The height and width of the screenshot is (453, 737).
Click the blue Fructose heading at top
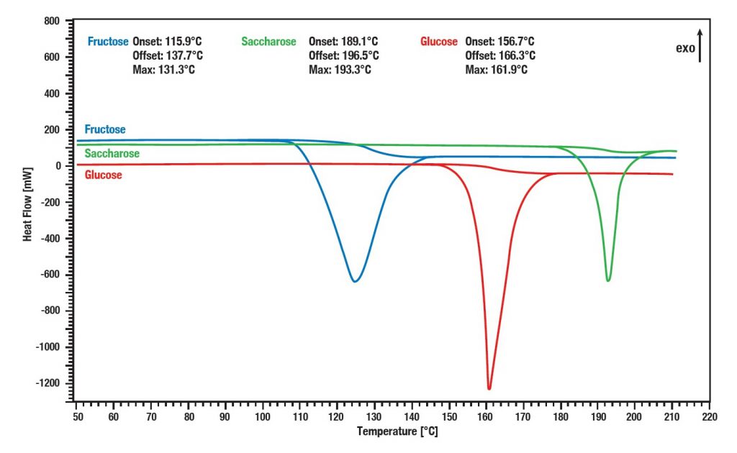(x=108, y=42)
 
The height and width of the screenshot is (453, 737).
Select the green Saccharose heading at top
(x=268, y=42)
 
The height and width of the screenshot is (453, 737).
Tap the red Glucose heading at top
(x=438, y=42)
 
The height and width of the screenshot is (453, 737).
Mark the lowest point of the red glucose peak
(x=489, y=388)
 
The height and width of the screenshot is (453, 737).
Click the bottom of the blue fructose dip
(x=355, y=280)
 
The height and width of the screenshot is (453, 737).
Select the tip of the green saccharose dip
(x=608, y=280)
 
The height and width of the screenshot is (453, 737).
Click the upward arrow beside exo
(x=699, y=45)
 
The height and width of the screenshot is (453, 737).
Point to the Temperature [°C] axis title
(x=397, y=431)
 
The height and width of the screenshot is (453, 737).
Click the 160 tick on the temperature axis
(x=486, y=416)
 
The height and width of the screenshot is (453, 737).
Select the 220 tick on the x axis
(x=709, y=416)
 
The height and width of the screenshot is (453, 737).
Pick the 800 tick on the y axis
(x=51, y=21)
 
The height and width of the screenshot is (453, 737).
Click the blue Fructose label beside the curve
(x=104, y=129)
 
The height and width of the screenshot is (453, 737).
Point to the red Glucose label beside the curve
(x=103, y=175)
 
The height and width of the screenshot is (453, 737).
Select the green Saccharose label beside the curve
(x=112, y=154)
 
